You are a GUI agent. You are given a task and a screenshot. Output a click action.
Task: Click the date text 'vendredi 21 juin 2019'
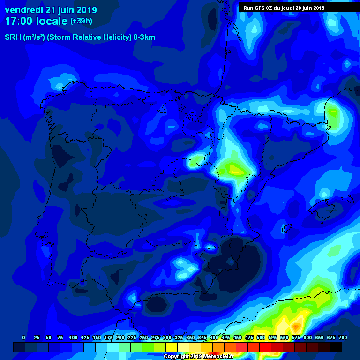coord(51,10)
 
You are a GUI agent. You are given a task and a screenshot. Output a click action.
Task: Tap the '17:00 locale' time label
coord(36,21)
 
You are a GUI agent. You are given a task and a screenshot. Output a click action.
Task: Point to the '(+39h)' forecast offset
coord(81,21)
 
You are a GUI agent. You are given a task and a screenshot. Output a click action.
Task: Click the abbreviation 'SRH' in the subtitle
coord(13,37)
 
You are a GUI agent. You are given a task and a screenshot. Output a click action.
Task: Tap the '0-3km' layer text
coord(144,37)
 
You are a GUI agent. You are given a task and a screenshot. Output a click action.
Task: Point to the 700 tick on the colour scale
coord(342,337)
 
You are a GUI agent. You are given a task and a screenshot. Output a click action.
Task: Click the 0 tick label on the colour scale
coord(23,337)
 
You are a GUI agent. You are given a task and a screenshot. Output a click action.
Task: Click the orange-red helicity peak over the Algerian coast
coord(296,325)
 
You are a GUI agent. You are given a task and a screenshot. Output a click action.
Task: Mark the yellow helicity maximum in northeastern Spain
coord(234,170)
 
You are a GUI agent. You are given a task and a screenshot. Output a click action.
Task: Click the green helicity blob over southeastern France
coord(333,112)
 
